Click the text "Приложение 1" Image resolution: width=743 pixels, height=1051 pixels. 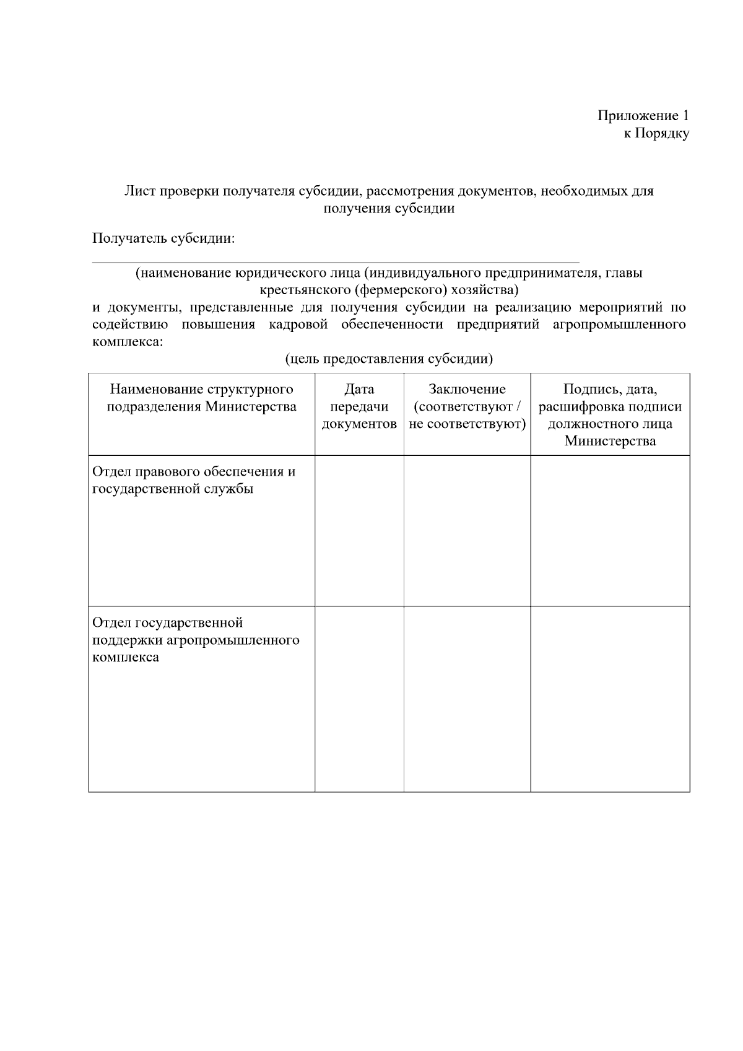pos(643,116)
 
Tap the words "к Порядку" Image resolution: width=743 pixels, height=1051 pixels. pos(656,133)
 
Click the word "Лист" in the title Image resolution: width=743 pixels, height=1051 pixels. pos(139,191)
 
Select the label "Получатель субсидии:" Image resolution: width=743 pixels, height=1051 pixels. pos(163,238)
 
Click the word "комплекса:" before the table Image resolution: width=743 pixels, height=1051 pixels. pos(128,341)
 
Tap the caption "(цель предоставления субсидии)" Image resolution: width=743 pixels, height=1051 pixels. pos(389,359)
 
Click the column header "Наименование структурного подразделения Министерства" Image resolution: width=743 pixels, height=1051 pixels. pos(201,398)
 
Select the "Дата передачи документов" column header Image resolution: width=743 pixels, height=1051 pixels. pos(359,407)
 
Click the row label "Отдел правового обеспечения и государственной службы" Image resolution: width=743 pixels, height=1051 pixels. pos(194,481)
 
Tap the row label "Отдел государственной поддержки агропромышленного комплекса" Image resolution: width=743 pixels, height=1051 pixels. pos(196,639)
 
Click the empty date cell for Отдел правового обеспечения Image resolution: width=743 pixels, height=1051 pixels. pos(359,531)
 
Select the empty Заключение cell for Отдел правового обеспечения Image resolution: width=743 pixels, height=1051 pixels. pos(467,531)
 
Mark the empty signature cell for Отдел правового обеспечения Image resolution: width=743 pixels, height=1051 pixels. pos(610,531)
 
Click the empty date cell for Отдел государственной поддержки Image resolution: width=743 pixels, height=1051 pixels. pos(359,699)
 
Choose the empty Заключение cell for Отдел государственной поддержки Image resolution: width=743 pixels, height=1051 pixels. pos(467,699)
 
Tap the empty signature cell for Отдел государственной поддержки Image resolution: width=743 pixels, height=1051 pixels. pos(610,699)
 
